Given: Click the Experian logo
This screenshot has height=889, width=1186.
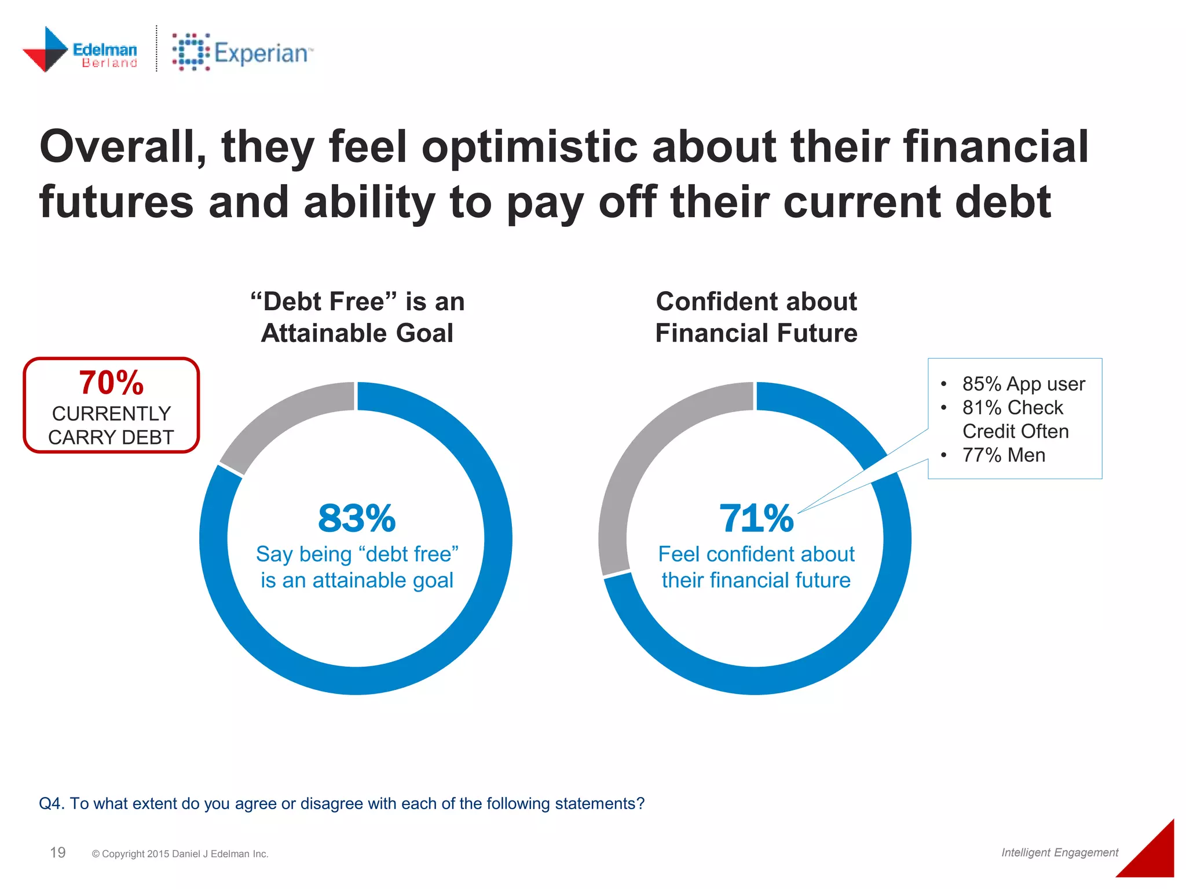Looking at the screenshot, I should coord(242,52).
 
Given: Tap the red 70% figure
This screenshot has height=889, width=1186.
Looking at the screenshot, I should coord(111,383).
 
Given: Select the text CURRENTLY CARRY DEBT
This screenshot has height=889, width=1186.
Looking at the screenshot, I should coord(111,425).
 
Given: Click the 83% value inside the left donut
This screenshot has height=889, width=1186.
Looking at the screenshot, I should coord(357,519).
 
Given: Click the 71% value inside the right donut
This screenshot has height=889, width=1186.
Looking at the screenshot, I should coord(756,519).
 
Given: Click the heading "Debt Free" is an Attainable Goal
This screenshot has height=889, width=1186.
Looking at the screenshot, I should coord(357,317).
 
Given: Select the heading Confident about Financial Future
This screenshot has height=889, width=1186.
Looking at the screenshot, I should coord(756,317).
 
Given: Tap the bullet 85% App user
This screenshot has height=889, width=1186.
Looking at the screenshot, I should coord(1023,384).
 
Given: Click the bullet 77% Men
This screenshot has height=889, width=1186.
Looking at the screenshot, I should coord(1003,455).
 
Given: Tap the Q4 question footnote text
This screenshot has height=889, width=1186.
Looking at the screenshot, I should coord(342,803).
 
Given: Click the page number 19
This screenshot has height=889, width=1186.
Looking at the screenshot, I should coord(58,853).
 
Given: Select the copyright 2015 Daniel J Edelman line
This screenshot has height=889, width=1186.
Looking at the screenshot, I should coord(180,854).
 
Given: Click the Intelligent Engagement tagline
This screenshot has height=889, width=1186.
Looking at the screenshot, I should coord(1059,853).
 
